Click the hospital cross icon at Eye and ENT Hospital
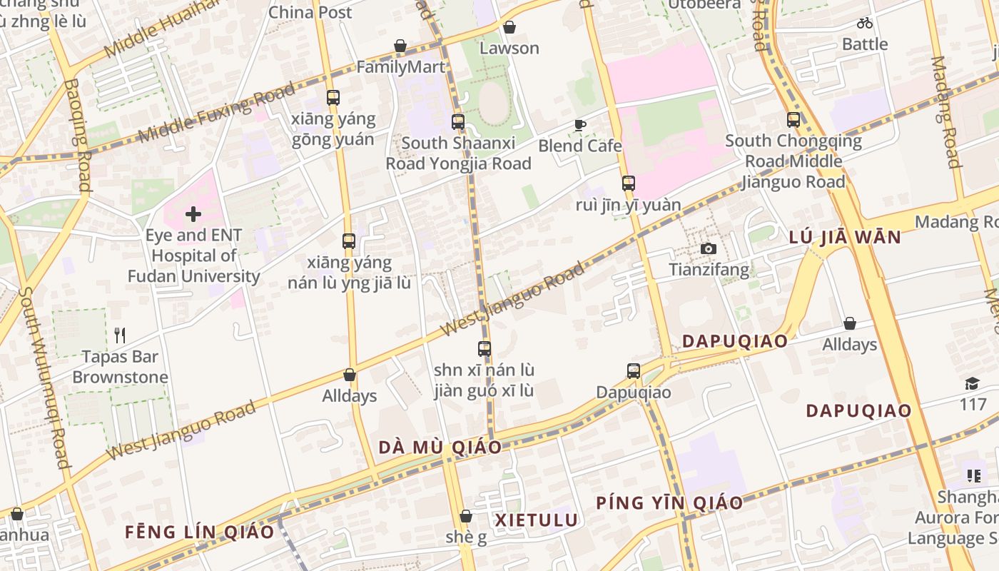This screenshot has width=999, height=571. [x=193, y=213]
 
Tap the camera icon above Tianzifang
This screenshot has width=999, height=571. [x=708, y=248]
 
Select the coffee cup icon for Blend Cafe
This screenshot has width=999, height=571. [x=580, y=126]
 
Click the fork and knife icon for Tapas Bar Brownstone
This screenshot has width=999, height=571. [x=120, y=335]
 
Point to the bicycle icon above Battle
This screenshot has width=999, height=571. [x=865, y=23]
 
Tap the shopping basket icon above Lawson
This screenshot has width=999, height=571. [x=509, y=28]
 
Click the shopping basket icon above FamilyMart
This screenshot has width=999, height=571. [x=400, y=46]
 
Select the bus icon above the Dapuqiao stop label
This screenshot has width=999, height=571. [x=633, y=370]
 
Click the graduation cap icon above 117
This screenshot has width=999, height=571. [x=972, y=384]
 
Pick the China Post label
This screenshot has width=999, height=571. [x=310, y=12]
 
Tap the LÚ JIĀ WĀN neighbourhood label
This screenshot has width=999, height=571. [x=846, y=237]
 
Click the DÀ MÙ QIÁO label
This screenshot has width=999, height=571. [x=440, y=448]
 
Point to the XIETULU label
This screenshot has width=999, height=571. [x=537, y=520]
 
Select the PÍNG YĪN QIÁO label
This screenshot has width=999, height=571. [x=669, y=502]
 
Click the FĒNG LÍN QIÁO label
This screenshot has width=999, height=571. [x=199, y=532]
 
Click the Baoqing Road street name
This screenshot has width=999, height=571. [x=77, y=136]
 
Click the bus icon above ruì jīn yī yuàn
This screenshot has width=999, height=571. [x=628, y=183]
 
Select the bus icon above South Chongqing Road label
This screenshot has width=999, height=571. [x=793, y=120]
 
